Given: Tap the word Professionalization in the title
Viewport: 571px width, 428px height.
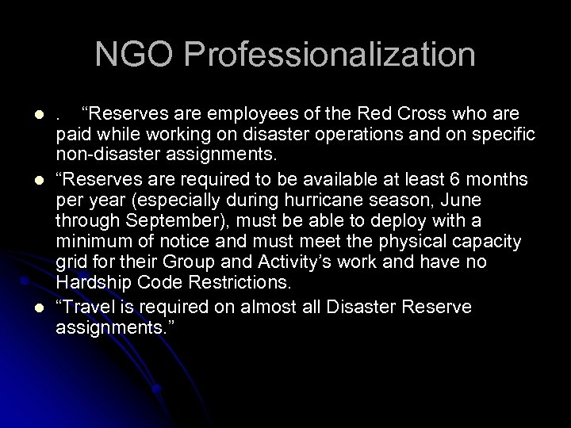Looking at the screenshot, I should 330,55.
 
